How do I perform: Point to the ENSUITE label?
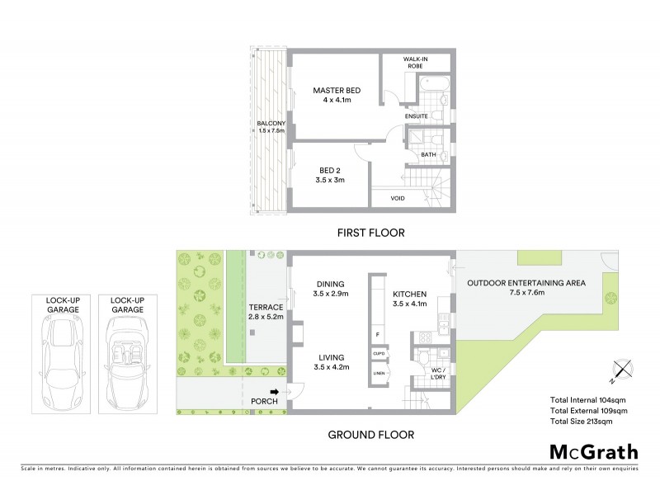pos(417,117)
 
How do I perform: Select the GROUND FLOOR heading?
pos(370,434)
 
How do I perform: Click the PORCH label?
pos(263,403)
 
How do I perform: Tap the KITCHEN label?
pos(408,298)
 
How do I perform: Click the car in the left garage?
pos(63,356)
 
